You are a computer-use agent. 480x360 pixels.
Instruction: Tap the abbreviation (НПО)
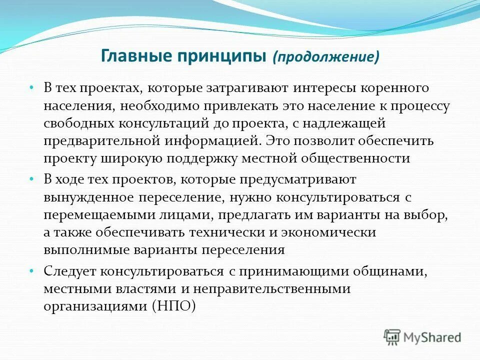coord(173,306)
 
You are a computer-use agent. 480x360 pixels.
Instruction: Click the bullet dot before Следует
coord(31,271)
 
